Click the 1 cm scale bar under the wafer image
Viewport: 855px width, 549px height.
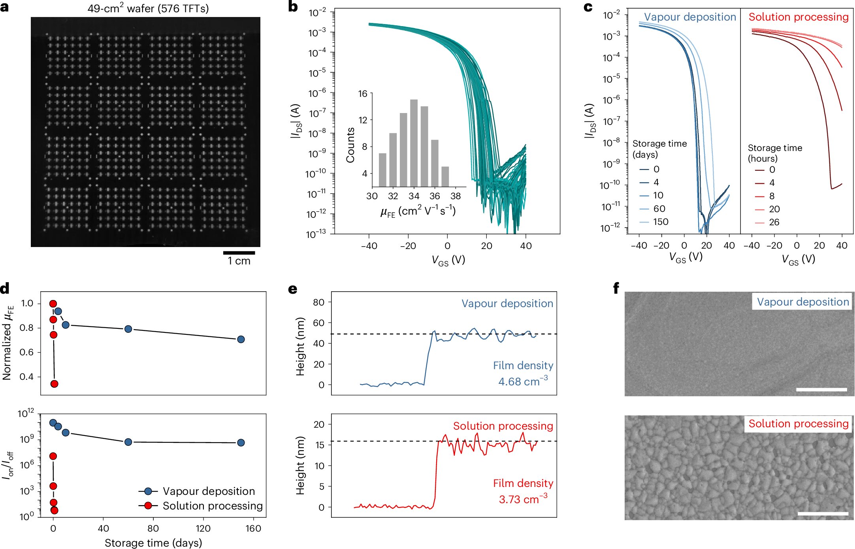[239, 253]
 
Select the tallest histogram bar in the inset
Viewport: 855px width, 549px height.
[414, 143]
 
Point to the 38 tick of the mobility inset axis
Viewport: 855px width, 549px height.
[456, 196]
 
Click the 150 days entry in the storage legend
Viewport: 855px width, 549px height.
[661, 222]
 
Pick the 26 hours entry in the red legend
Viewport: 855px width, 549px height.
[774, 222]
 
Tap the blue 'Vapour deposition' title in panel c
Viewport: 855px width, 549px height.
[690, 17]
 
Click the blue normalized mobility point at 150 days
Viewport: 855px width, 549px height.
[241, 339]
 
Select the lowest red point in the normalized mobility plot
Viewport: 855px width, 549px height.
[55, 384]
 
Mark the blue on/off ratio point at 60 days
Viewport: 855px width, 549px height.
[128, 442]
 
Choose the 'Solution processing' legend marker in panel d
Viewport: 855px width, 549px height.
[148, 506]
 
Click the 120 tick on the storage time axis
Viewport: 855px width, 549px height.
[203, 528]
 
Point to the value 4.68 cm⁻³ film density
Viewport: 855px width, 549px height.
[523, 381]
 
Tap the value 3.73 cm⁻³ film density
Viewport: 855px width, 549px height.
[523, 499]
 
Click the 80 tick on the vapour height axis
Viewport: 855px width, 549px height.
[319, 302]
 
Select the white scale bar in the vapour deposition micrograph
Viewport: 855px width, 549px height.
[821, 389]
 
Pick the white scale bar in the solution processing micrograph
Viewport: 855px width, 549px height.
[823, 513]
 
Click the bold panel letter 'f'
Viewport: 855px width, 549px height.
[616, 289]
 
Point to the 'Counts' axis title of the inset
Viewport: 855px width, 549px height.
[350, 145]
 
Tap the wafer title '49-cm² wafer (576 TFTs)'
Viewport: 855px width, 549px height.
[148, 8]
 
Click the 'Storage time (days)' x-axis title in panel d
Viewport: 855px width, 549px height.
[153, 543]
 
